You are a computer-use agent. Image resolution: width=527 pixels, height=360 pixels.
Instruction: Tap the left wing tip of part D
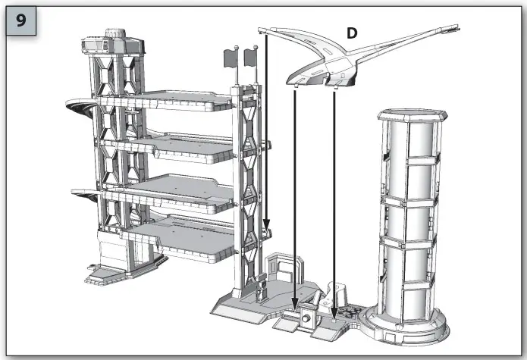[x=262, y=31]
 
